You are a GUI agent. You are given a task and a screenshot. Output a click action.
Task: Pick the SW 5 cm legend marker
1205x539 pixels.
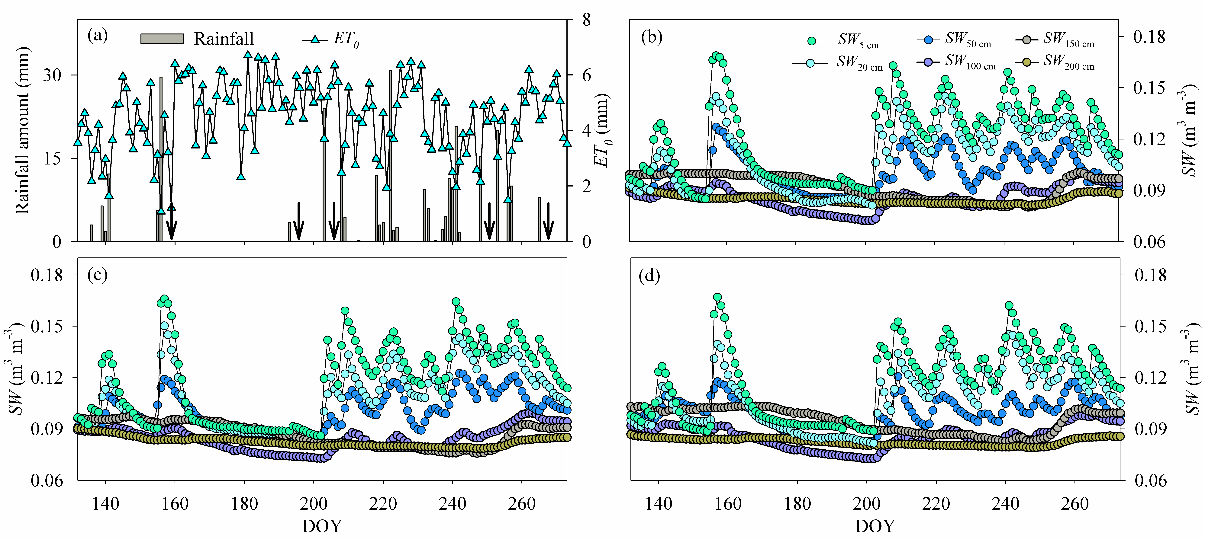(x=812, y=41)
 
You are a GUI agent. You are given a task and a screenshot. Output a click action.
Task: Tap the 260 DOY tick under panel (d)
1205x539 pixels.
(x=1075, y=504)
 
